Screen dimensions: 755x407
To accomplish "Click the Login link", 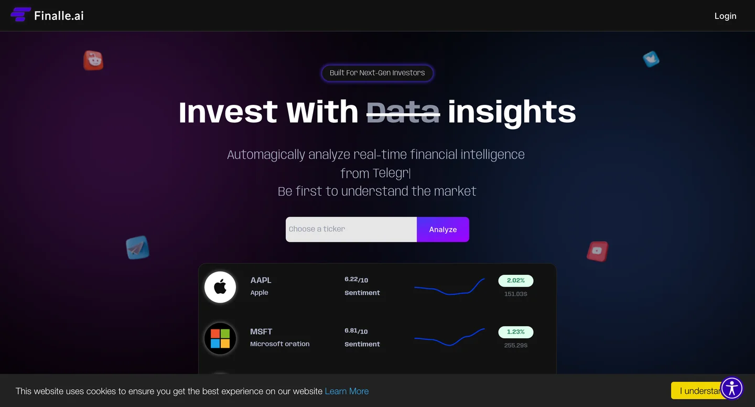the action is click(x=725, y=16).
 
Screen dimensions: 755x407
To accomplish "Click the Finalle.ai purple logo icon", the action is click(x=20, y=15).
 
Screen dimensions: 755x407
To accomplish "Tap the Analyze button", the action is click(x=443, y=229).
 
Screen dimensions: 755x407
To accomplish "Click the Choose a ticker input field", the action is click(x=351, y=229).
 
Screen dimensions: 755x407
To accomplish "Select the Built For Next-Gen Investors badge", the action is click(x=377, y=73).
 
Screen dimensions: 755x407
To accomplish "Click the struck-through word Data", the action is click(x=403, y=112).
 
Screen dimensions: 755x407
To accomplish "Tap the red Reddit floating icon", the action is click(x=93, y=60).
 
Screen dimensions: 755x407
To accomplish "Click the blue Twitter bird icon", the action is click(x=651, y=59).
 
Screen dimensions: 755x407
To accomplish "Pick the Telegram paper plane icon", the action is click(x=137, y=248).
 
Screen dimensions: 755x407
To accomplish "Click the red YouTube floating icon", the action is click(x=598, y=251).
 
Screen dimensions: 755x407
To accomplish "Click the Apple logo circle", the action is click(x=220, y=287).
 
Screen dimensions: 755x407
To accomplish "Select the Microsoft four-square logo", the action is click(x=220, y=338).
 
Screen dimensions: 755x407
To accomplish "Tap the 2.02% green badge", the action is click(x=516, y=281).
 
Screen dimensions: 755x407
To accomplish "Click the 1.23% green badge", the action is click(x=516, y=332).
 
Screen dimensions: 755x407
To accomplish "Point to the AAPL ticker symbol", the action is click(x=261, y=280).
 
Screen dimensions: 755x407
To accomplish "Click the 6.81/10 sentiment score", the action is click(x=356, y=331).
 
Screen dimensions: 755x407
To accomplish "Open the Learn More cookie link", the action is click(x=347, y=391).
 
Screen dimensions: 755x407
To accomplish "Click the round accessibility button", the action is click(x=731, y=388).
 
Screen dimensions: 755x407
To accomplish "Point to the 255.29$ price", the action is click(x=516, y=345).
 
